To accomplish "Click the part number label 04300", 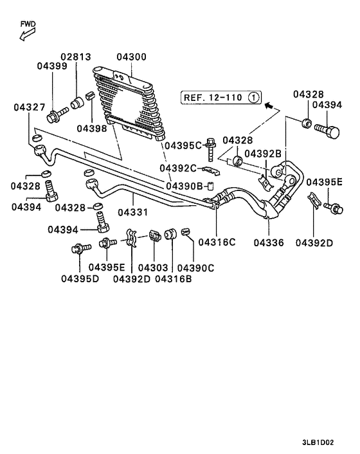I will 131,57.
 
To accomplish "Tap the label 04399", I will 52,66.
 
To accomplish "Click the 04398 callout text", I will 93,128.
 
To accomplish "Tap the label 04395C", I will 183,145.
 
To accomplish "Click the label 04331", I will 132,212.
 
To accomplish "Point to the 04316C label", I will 217,242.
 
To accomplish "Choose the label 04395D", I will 80,278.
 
